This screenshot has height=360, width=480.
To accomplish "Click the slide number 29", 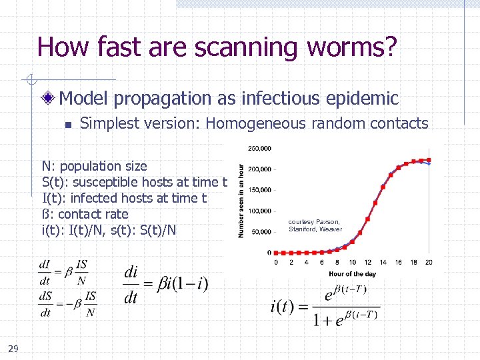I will coord(13,347).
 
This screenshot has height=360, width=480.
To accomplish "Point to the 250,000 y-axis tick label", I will coord(259,148).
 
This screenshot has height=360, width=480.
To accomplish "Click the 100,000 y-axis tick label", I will coord(259,211).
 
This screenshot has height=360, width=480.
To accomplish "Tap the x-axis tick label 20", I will coord(428,262).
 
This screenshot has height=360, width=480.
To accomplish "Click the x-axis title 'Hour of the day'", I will coord(352,273).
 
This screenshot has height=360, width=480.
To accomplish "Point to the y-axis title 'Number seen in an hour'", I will coord(241,201).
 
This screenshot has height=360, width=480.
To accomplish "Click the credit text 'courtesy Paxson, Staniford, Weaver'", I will coord(315,225).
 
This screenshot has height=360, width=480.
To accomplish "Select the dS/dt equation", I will coord(67,303).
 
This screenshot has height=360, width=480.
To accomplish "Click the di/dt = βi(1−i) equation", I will coord(166,285).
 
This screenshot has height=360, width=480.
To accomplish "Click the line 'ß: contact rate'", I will coord(85,214).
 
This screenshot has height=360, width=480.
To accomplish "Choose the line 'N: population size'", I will coord(94,166).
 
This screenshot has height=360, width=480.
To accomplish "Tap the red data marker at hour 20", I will coord(429,160).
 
